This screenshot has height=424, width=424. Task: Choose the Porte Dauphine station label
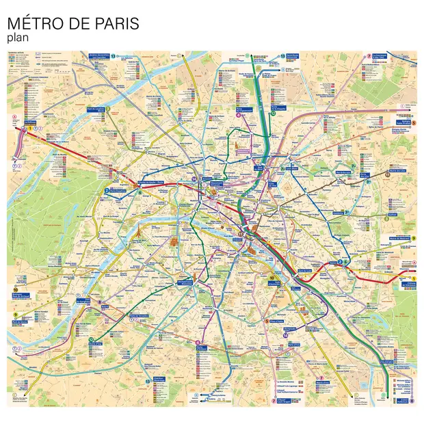pyautogui.click(x=116, y=192)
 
